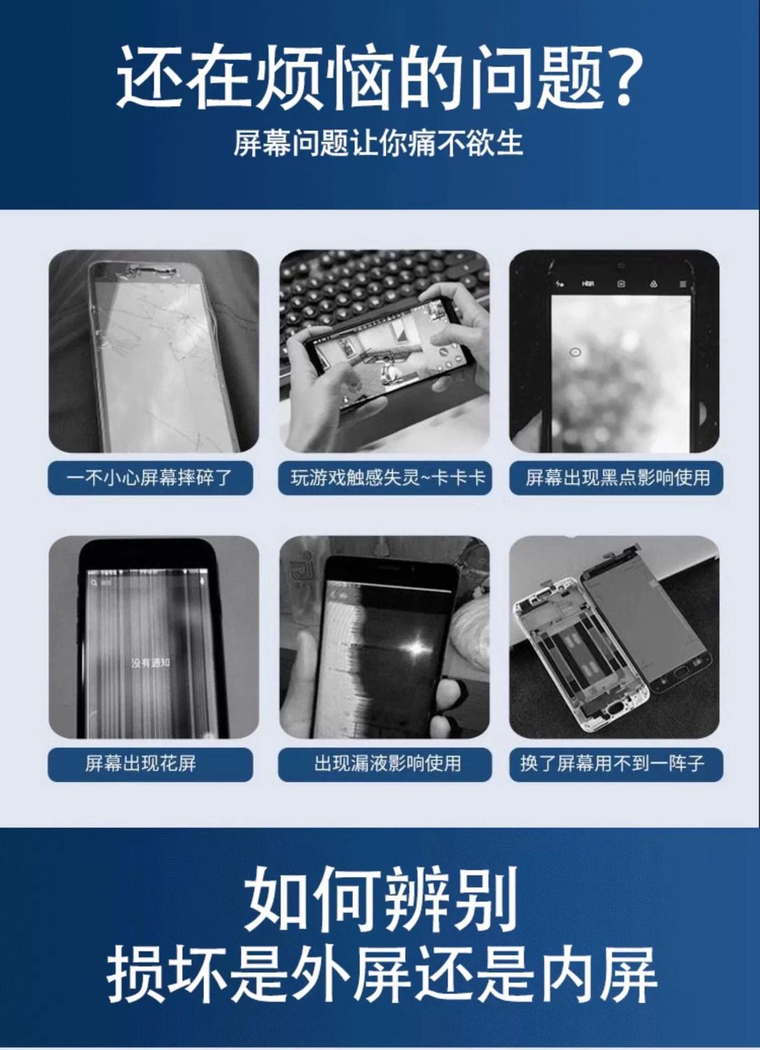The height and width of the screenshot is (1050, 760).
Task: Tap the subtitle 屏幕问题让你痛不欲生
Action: (x=379, y=142)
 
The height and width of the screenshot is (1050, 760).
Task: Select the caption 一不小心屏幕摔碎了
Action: (x=150, y=478)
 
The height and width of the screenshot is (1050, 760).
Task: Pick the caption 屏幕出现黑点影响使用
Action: (x=617, y=478)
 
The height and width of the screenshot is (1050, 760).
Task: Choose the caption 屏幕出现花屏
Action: (x=141, y=764)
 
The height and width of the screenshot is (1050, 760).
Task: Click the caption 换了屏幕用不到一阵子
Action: (x=612, y=764)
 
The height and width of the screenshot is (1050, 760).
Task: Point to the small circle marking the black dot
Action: (x=576, y=352)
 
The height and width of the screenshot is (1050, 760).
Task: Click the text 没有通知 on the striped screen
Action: (x=150, y=663)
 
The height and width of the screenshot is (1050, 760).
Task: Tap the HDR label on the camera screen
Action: (x=588, y=284)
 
